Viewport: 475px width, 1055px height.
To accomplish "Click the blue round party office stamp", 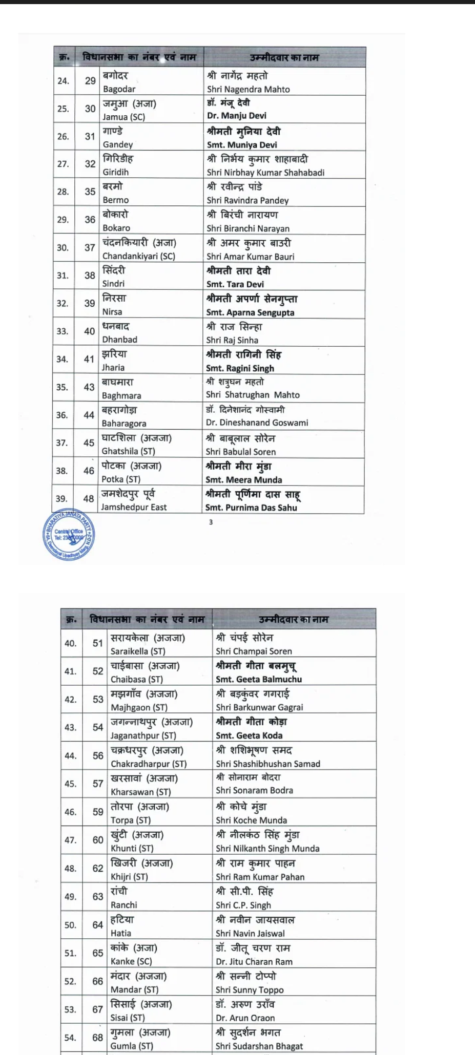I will pos(69,535).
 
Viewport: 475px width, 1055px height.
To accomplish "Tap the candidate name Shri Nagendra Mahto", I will pos(249,89).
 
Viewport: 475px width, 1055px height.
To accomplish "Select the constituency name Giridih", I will pos(116,172).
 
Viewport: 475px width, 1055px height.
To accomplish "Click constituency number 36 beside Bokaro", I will pos(90,220).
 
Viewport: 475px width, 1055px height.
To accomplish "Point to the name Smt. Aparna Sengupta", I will pos(250,312).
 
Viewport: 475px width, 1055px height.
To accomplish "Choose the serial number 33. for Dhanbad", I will pos(63,331).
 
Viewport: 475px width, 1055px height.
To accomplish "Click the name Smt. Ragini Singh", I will pos(240,368).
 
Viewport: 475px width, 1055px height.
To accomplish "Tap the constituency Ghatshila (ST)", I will pos(128,451).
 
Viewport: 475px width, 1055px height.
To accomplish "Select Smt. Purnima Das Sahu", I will pos(251,508).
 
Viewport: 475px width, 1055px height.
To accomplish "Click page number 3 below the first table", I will pos(211,522).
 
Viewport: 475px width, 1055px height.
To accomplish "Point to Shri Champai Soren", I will pos(254,651).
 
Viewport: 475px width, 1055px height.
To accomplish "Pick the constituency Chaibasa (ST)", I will pos(137,680).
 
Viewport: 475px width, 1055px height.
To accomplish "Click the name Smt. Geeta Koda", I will pos(249,735).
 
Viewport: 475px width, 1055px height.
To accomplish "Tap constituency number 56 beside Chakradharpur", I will pos(98,755).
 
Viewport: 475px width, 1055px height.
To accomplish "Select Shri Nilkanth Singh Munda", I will pos(267,849).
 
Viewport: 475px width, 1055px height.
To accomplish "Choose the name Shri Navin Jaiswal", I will pos(250,933).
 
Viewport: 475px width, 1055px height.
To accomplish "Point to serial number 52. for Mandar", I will pos(70,981).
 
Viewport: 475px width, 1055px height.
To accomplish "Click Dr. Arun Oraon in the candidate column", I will pos(245,1018).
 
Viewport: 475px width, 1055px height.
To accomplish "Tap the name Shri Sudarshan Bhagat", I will pos(259,1046).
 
